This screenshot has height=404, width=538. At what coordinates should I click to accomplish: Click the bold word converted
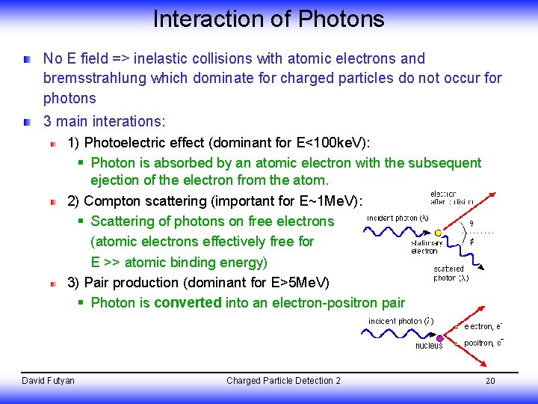point(188,303)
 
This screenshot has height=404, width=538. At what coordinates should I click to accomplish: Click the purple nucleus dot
point(439,337)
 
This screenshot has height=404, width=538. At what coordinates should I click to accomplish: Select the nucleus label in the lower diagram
point(429,346)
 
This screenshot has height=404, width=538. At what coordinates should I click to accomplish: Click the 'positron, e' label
point(483,343)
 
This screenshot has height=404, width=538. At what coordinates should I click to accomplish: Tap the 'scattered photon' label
point(451,273)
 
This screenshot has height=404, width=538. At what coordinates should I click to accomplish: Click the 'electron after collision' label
point(453,198)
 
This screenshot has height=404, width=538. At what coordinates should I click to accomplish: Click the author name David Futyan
point(49,381)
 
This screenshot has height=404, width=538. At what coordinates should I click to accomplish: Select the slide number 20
point(490,381)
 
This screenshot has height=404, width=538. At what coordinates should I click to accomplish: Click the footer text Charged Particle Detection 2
point(283,381)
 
